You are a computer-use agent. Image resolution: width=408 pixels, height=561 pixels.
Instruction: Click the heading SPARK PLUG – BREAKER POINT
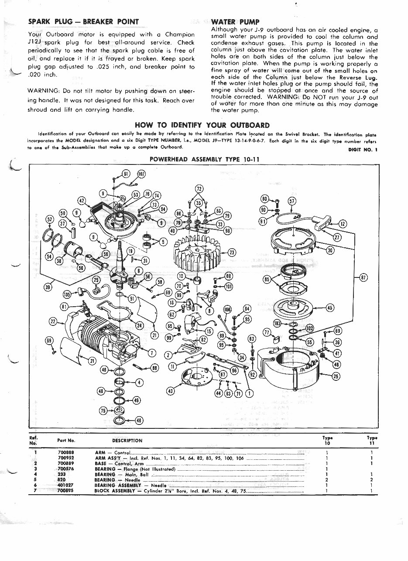pyautogui.click(x=83, y=22)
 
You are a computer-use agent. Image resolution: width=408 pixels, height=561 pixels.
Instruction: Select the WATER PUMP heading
pyautogui.click(x=235, y=22)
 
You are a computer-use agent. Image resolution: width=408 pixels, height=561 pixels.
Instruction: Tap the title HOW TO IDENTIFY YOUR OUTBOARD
pyautogui.click(x=202, y=125)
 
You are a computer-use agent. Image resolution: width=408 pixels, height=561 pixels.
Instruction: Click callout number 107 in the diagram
pyautogui.click(x=141, y=174)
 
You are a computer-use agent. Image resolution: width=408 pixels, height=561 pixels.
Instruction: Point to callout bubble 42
pyautogui.click(x=82, y=201)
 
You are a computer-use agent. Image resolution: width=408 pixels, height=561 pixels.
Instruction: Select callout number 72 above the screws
pyautogui.click(x=199, y=189)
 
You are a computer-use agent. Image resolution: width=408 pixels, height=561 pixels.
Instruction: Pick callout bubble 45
pyautogui.click(x=330, y=308)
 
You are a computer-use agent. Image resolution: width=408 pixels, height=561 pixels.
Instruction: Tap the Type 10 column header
pyautogui.click(x=327, y=440)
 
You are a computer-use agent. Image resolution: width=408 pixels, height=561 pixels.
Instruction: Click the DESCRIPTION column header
pyautogui.click(x=127, y=441)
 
